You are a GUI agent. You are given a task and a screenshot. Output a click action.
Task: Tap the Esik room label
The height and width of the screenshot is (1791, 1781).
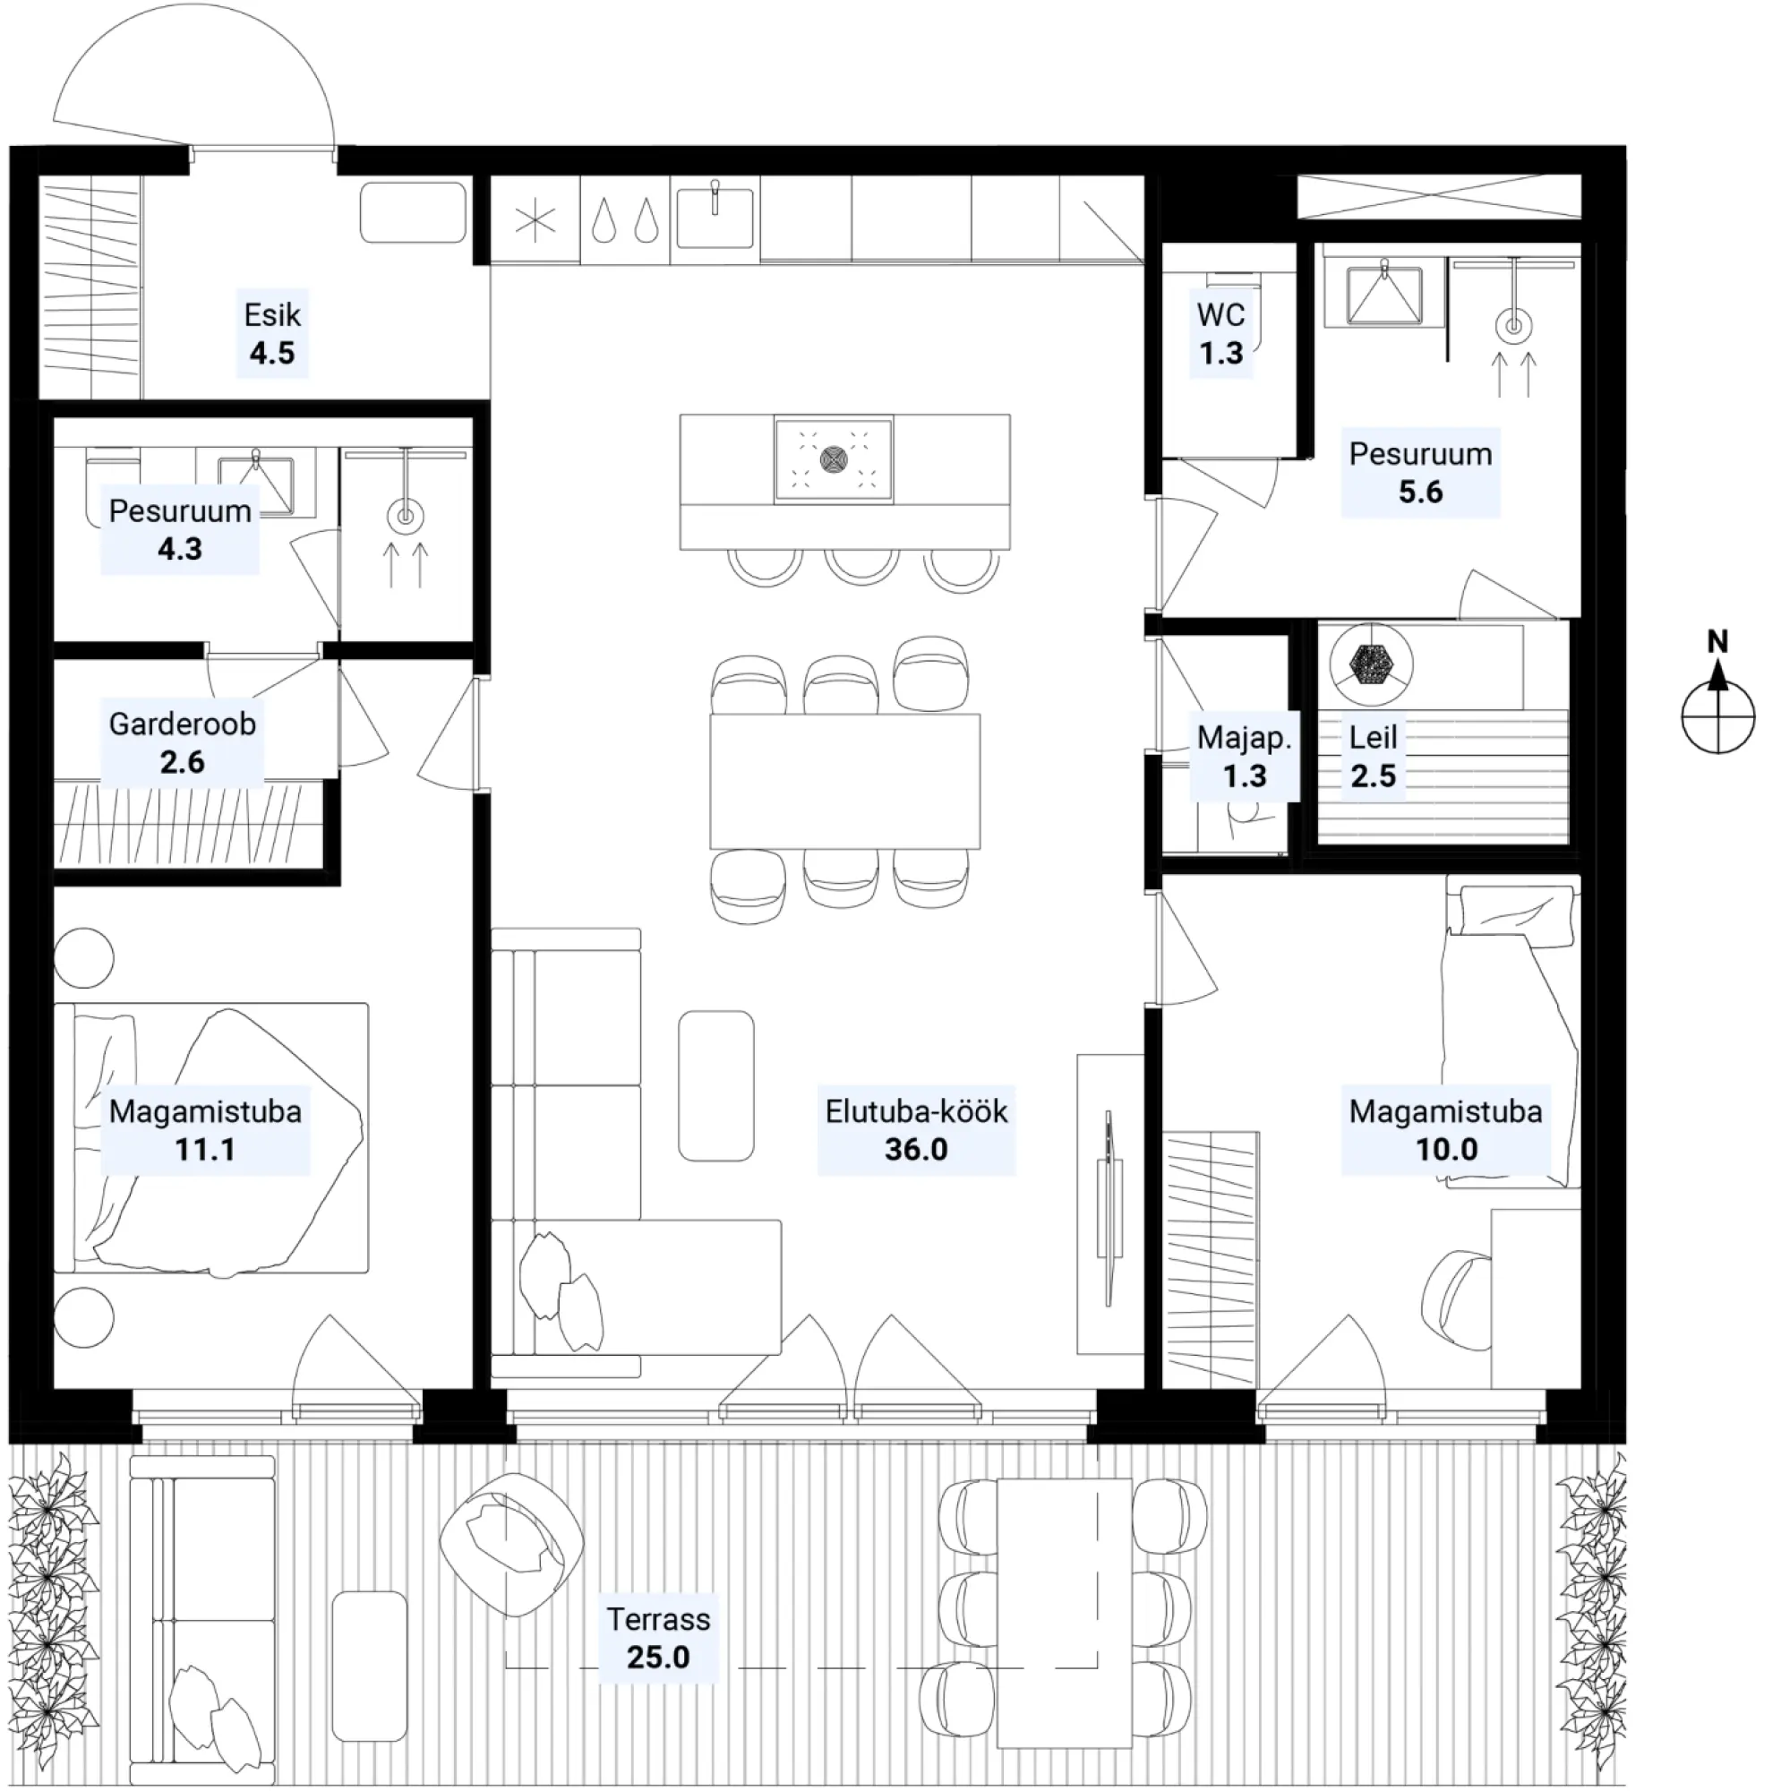coord(271,315)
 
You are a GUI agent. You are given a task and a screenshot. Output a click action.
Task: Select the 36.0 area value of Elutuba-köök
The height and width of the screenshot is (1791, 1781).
coord(916,1150)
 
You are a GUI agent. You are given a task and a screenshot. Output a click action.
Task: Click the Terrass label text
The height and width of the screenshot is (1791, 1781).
coord(658,1619)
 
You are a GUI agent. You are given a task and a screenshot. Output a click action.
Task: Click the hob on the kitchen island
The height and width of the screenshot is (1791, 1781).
coord(834,459)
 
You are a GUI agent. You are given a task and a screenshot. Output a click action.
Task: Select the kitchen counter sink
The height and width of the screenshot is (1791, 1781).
coord(715,216)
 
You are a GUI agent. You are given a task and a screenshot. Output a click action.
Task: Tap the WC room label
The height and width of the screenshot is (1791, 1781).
coord(1220,315)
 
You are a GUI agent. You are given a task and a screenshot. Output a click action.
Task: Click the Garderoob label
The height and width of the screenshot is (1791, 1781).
coord(183,724)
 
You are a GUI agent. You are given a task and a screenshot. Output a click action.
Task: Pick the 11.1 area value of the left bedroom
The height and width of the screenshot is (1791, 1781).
coord(205,1150)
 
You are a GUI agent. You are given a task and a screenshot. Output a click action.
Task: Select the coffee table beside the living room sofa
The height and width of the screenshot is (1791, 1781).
coord(715,1085)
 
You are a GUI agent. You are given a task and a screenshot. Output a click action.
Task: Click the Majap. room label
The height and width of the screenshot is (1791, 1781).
coord(1243,738)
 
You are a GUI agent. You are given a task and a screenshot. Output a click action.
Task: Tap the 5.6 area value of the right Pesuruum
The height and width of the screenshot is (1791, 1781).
coord(1420,493)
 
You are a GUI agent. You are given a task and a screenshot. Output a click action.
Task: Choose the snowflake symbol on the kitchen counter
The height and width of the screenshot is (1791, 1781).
coord(535,220)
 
